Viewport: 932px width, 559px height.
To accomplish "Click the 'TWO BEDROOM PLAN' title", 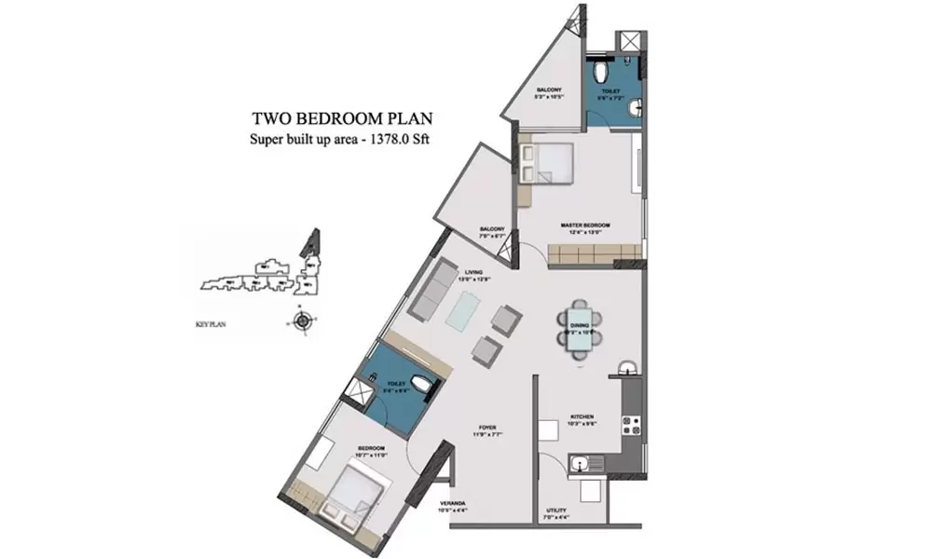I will pos(342,119).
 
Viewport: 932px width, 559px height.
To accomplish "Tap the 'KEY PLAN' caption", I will pos(213,325).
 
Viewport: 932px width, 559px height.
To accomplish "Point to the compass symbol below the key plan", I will pos(302,322).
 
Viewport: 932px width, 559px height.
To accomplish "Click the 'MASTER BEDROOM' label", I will pos(585,225).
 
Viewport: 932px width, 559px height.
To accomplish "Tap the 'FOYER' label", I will pos(489,429).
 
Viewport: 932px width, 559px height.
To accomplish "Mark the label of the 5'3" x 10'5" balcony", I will pos(549,92).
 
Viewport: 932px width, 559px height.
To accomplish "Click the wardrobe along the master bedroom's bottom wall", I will pos(594,253).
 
